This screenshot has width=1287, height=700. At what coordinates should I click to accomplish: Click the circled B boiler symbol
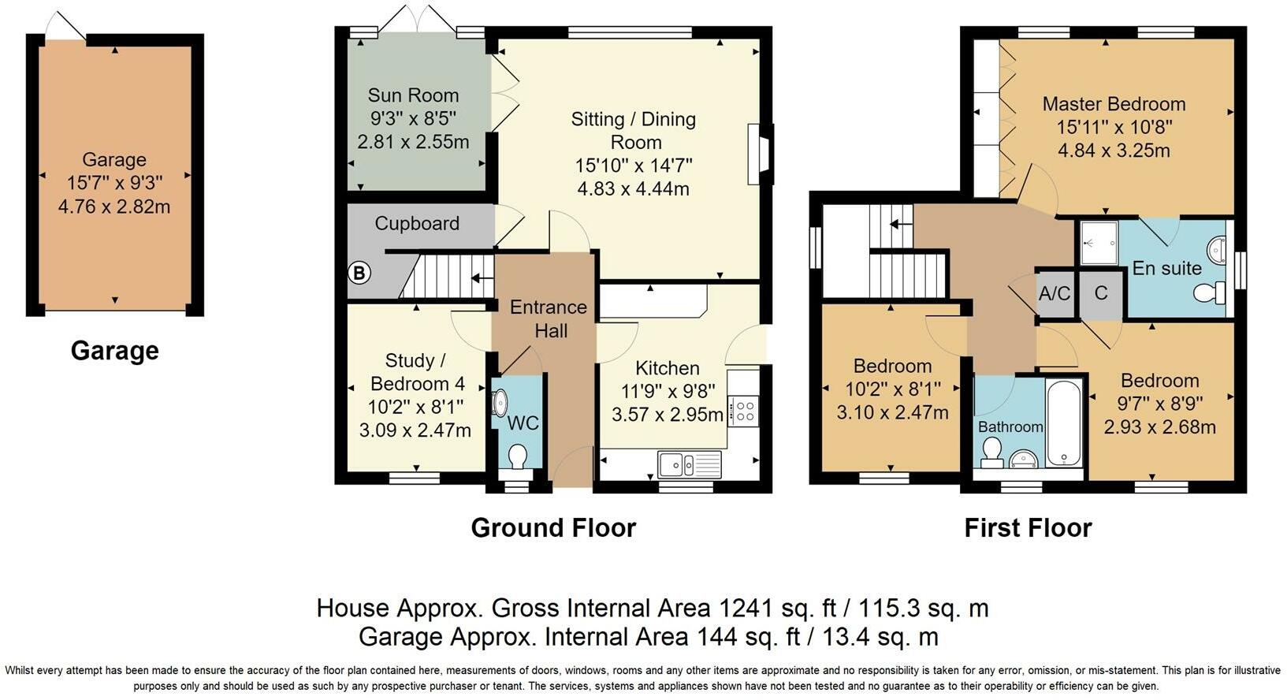tap(359, 274)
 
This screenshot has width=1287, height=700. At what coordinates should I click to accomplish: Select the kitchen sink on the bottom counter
tap(675, 464)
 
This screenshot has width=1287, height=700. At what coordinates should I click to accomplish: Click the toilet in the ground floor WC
tap(517, 456)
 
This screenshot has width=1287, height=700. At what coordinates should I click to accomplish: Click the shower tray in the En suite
tap(1098, 243)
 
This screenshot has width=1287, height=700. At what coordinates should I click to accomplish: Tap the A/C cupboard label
tap(1055, 294)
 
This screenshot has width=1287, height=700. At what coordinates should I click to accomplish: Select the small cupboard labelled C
tap(1100, 294)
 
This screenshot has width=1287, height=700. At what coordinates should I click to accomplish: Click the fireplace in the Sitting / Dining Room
tap(760, 154)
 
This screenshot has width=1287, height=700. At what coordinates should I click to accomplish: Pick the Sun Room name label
tap(413, 95)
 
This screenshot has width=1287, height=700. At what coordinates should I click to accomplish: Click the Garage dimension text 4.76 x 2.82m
tap(114, 207)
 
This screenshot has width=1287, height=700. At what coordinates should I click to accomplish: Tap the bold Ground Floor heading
tap(553, 527)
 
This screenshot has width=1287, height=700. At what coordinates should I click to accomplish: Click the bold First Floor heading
tap(1028, 527)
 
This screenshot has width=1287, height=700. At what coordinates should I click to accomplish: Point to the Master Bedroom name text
tap(1114, 104)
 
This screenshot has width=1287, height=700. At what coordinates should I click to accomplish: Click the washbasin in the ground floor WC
tap(500, 403)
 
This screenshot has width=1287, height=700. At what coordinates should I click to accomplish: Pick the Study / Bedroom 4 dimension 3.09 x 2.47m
tap(415, 430)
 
